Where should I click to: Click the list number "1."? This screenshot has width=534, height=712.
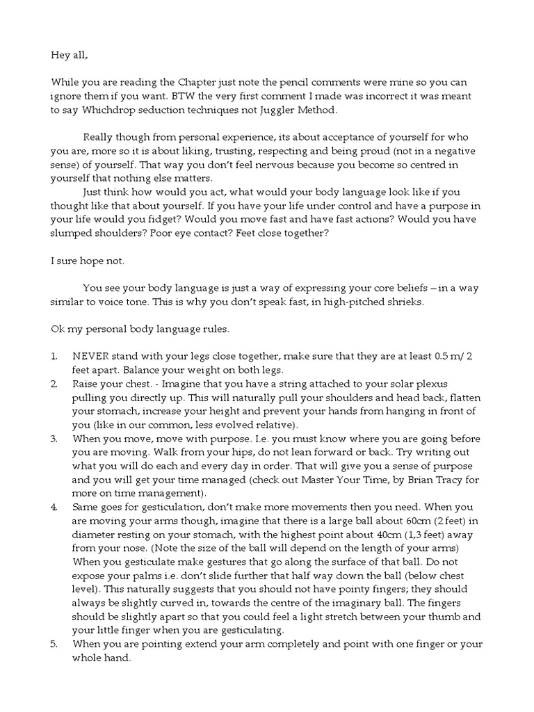54,356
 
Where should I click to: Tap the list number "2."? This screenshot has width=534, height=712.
54,384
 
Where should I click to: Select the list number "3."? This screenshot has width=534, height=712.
54,439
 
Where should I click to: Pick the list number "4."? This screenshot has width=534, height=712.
54,509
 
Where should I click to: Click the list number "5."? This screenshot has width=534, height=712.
54,644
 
